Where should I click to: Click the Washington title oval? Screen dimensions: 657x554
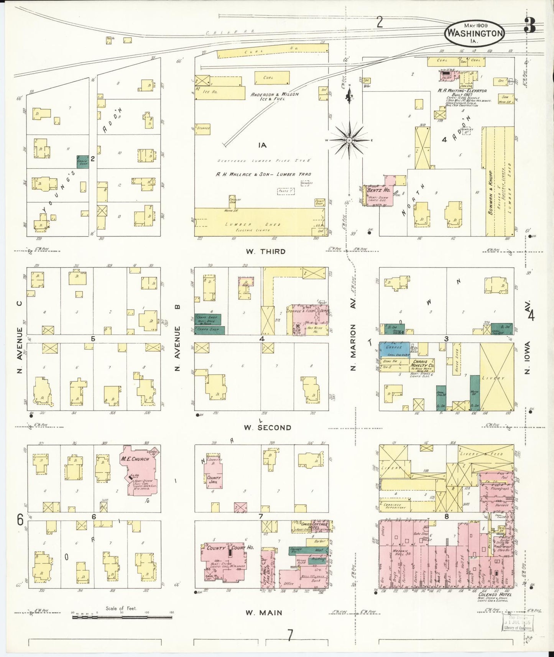[475, 33]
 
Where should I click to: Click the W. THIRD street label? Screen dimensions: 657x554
[266, 251]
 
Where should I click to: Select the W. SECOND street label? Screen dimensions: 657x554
[268, 427]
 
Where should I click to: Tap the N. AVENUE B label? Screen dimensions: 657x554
[177, 348]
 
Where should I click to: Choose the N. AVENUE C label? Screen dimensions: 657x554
[20, 337]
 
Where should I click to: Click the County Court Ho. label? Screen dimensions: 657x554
[230, 548]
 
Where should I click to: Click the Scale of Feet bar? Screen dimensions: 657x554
[122, 617]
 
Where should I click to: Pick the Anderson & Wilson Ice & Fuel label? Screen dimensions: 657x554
[275, 97]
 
